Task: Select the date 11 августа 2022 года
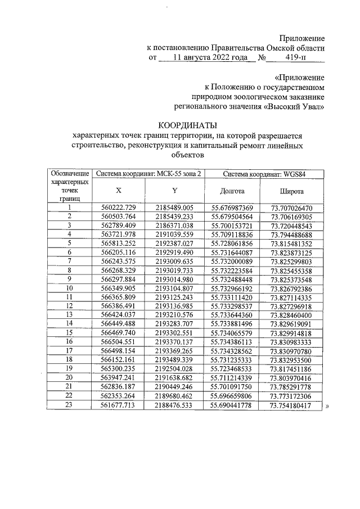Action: [209, 57]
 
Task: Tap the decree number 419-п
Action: [295, 57]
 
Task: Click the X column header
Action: [118, 191]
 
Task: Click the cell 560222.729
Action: [119, 208]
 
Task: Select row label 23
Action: [70, 421]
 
